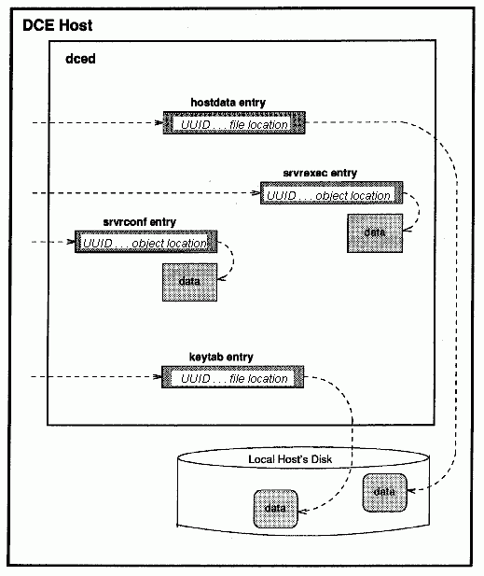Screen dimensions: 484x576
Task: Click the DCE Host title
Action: [x=58, y=25]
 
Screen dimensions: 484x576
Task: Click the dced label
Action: [x=80, y=59]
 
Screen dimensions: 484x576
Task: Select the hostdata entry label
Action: [x=228, y=102]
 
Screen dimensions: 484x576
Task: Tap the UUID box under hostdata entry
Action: [x=234, y=123]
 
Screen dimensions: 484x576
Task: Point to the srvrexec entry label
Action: [x=320, y=173]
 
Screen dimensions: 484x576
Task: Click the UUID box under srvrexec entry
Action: [x=331, y=193]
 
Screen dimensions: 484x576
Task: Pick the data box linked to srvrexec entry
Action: [x=375, y=232]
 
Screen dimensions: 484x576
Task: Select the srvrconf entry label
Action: [x=140, y=222]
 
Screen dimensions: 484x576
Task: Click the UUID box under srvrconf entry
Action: [x=145, y=242]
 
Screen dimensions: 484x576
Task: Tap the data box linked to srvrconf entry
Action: [x=189, y=282]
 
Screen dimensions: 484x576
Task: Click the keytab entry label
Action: [x=221, y=357]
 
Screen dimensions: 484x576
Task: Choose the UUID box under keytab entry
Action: [x=232, y=376]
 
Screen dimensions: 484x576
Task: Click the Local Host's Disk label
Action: [x=290, y=459]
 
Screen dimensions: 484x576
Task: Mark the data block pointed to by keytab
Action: [x=275, y=509]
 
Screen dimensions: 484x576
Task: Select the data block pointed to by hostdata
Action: [x=384, y=493]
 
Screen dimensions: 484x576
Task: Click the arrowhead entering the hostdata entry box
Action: [x=159, y=122]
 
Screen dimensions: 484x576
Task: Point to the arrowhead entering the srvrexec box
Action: [x=256, y=193]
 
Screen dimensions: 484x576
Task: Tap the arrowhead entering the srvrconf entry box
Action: [x=71, y=242]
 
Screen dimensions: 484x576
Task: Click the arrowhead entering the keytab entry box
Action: [x=158, y=376]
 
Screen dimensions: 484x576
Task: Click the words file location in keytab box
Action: [x=258, y=378]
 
